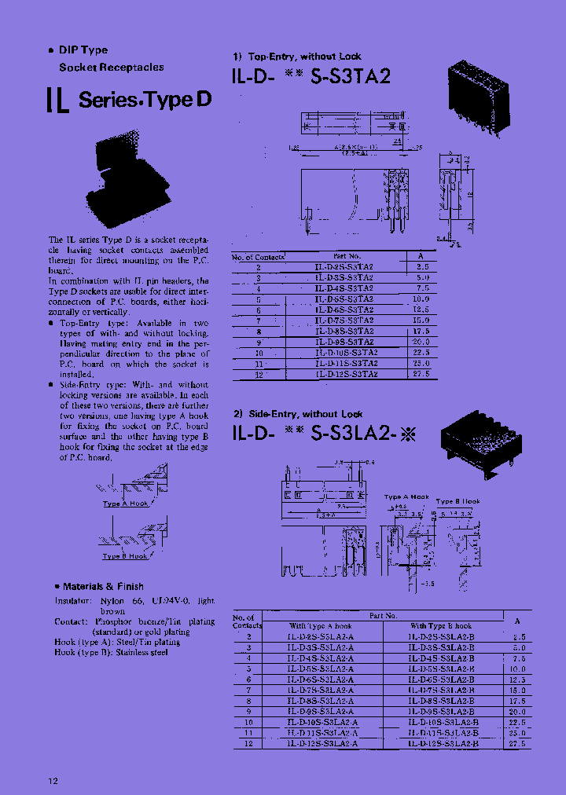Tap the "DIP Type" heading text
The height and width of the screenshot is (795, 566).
point(83,50)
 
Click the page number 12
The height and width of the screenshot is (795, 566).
point(53,780)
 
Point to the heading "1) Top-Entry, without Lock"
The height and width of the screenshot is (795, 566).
point(296,57)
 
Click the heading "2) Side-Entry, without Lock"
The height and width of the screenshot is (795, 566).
point(297,414)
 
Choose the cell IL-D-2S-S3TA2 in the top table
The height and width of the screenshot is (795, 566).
point(344,267)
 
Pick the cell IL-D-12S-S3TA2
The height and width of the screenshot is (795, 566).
point(346,375)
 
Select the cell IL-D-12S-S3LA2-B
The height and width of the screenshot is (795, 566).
point(443,742)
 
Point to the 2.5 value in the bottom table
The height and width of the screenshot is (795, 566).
point(519,637)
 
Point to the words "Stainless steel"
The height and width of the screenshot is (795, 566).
point(142,652)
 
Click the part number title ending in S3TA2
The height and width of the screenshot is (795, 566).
point(311,77)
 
